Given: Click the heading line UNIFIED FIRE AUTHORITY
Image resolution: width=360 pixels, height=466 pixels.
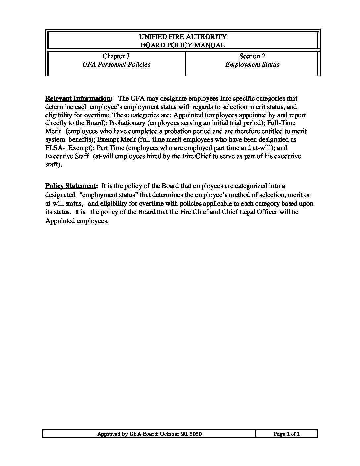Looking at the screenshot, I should pyautogui.click(x=183, y=37).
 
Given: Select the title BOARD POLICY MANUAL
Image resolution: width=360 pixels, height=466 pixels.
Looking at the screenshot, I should pyautogui.click(x=183, y=45).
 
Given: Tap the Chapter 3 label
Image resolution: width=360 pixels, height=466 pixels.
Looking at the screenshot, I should pyautogui.click(x=116, y=56).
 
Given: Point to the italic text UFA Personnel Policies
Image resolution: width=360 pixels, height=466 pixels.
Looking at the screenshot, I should pyautogui.click(x=116, y=65).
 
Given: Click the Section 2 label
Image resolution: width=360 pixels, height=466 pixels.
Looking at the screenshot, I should pyautogui.click(x=252, y=56).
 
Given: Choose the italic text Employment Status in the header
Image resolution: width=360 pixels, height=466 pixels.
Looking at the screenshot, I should pyautogui.click(x=252, y=65).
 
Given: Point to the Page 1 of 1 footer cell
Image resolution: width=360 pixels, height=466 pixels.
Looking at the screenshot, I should pyautogui.click(x=286, y=434).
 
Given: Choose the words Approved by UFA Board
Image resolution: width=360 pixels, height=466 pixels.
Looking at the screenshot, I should pyautogui.click(x=127, y=434).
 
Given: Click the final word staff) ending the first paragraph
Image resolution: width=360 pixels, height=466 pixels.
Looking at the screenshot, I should pyautogui.click(x=53, y=164).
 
